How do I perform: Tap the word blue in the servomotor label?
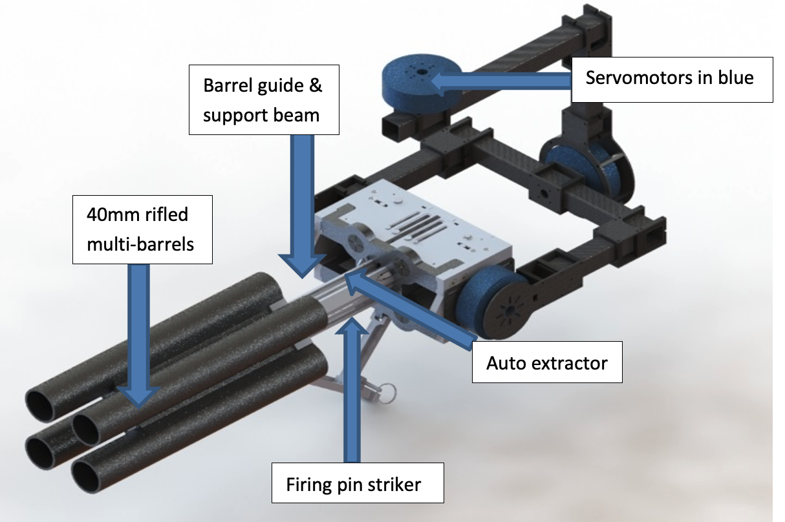click(x=736, y=78)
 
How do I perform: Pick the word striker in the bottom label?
click(x=394, y=483)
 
